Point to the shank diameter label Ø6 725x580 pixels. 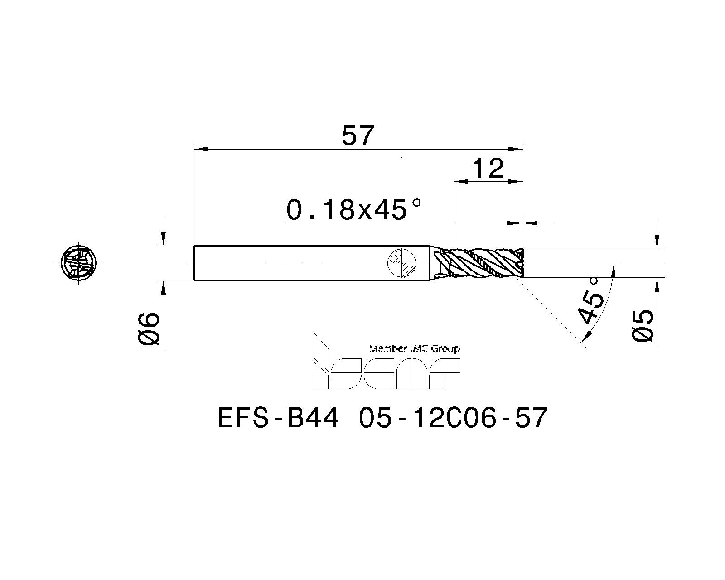[149, 329]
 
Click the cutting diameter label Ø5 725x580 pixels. [643, 327]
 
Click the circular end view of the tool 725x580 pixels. [79, 262]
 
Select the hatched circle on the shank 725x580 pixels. [402, 263]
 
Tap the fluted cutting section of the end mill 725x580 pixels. [478, 263]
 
